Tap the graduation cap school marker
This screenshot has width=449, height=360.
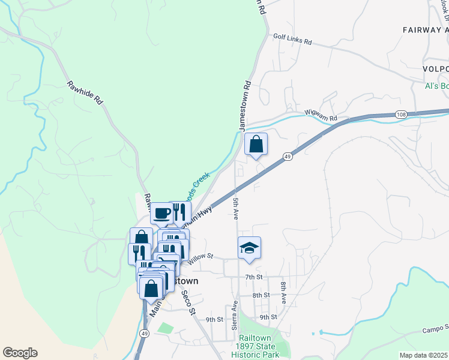coord(249,248)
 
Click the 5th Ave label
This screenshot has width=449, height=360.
coord(236,207)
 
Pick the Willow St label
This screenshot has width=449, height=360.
coord(200,258)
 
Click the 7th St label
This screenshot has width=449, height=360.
coord(255,277)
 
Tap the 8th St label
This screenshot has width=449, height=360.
coord(261,295)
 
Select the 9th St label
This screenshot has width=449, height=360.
coord(215,319)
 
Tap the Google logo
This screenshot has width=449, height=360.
coord(20,353)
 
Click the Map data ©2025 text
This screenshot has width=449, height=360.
coord(423,355)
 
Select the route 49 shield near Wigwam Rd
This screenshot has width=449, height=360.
coord(288,157)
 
